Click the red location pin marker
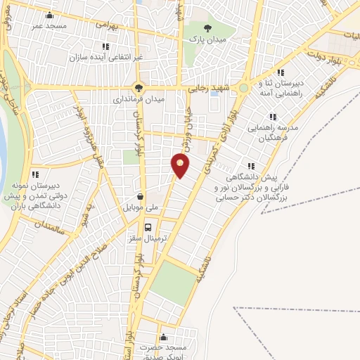click(x=181, y=166)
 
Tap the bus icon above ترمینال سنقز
click(x=148, y=227)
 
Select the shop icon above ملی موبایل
click(x=142, y=198)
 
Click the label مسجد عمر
click(x=48, y=26)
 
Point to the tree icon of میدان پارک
click(x=194, y=28)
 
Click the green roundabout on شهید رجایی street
click(x=243, y=89)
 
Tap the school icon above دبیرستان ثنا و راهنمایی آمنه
click(x=281, y=72)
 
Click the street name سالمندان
click(x=53, y=226)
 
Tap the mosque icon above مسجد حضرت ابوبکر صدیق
click(x=164, y=337)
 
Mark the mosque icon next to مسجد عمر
click(x=49, y=15)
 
